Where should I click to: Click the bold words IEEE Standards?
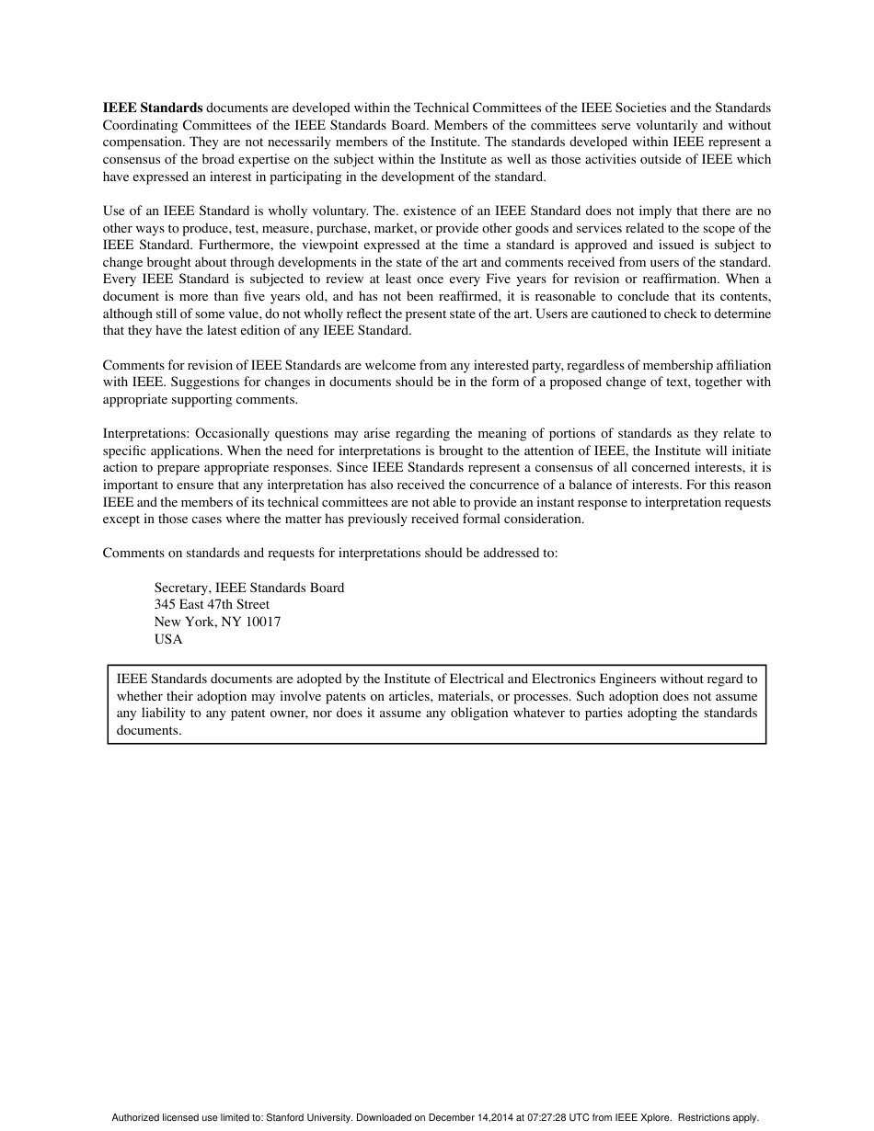152,108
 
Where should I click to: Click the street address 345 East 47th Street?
212,605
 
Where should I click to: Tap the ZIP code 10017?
263,622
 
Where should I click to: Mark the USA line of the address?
168,639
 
